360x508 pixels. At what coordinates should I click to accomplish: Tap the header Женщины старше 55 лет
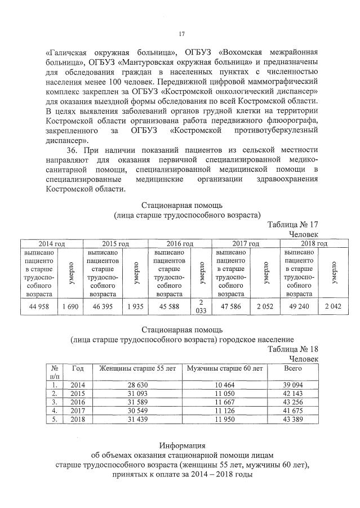(x=137, y=368)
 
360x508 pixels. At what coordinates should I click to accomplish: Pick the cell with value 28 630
(x=137, y=385)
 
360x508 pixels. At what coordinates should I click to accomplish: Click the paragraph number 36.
(x=72, y=151)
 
